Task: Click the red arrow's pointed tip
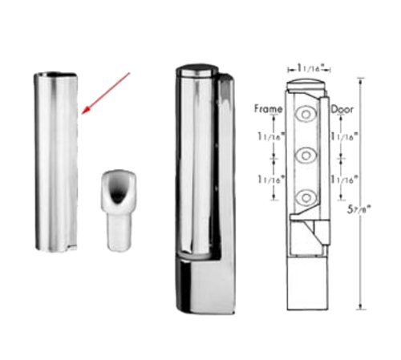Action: point(82,114)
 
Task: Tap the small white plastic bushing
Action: point(119,210)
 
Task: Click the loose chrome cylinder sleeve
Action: point(56,162)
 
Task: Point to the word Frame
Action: point(268,109)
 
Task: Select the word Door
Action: point(342,109)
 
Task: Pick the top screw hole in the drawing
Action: point(306,114)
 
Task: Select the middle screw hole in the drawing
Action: point(306,155)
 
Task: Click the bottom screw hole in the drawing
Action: point(306,197)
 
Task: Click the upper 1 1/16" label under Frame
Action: point(270,136)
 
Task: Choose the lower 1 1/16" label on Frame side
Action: point(270,180)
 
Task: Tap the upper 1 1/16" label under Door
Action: point(344,136)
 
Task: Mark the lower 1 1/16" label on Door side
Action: point(344,180)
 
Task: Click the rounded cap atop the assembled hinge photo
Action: point(197,70)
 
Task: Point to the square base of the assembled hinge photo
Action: point(205,285)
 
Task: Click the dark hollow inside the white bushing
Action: point(118,191)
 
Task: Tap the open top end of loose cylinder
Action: point(55,75)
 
